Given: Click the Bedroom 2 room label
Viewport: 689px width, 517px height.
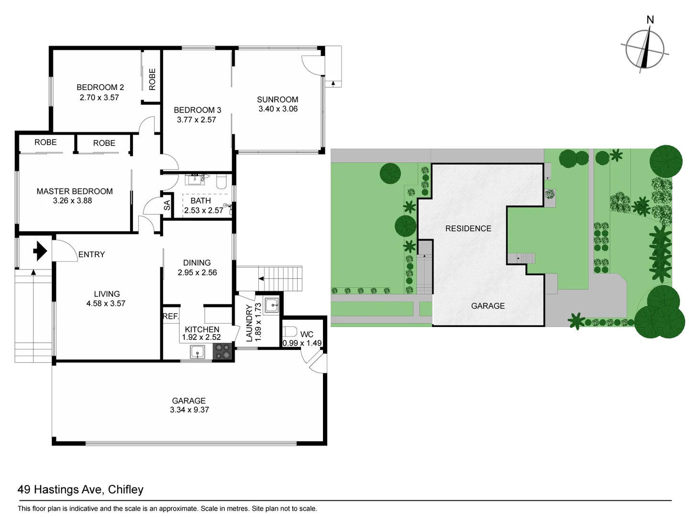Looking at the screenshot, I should [x=100, y=87].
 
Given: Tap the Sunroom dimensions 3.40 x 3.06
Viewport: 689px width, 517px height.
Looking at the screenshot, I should [x=278, y=109].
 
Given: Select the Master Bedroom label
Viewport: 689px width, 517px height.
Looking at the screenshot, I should [x=75, y=191].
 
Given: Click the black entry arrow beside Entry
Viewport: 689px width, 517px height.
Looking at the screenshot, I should [x=40, y=251].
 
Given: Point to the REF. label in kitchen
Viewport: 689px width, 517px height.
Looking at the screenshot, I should [x=170, y=316].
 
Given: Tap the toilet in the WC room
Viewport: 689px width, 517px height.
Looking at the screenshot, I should [x=290, y=331].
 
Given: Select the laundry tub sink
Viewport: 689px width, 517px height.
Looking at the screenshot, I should [x=271, y=305].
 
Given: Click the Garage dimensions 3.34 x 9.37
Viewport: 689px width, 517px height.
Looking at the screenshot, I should [x=189, y=410].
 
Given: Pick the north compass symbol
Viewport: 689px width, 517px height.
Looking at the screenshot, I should [x=645, y=49].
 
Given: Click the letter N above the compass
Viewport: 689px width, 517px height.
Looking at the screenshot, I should [x=650, y=20].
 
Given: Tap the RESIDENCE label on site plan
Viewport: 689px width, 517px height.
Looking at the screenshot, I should [x=468, y=228].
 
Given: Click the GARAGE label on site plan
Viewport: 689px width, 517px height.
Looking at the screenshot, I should [x=488, y=306].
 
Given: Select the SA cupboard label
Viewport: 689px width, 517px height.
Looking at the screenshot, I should [x=167, y=205].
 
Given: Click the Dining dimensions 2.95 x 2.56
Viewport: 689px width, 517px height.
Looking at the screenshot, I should [x=197, y=272].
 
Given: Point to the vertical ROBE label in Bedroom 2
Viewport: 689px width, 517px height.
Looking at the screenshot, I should [x=152, y=79].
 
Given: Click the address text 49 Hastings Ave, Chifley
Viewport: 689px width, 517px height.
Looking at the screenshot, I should [x=80, y=489].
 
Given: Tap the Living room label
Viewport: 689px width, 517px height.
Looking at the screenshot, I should [x=107, y=294].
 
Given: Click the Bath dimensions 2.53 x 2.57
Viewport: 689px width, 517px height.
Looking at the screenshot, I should [x=203, y=210].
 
